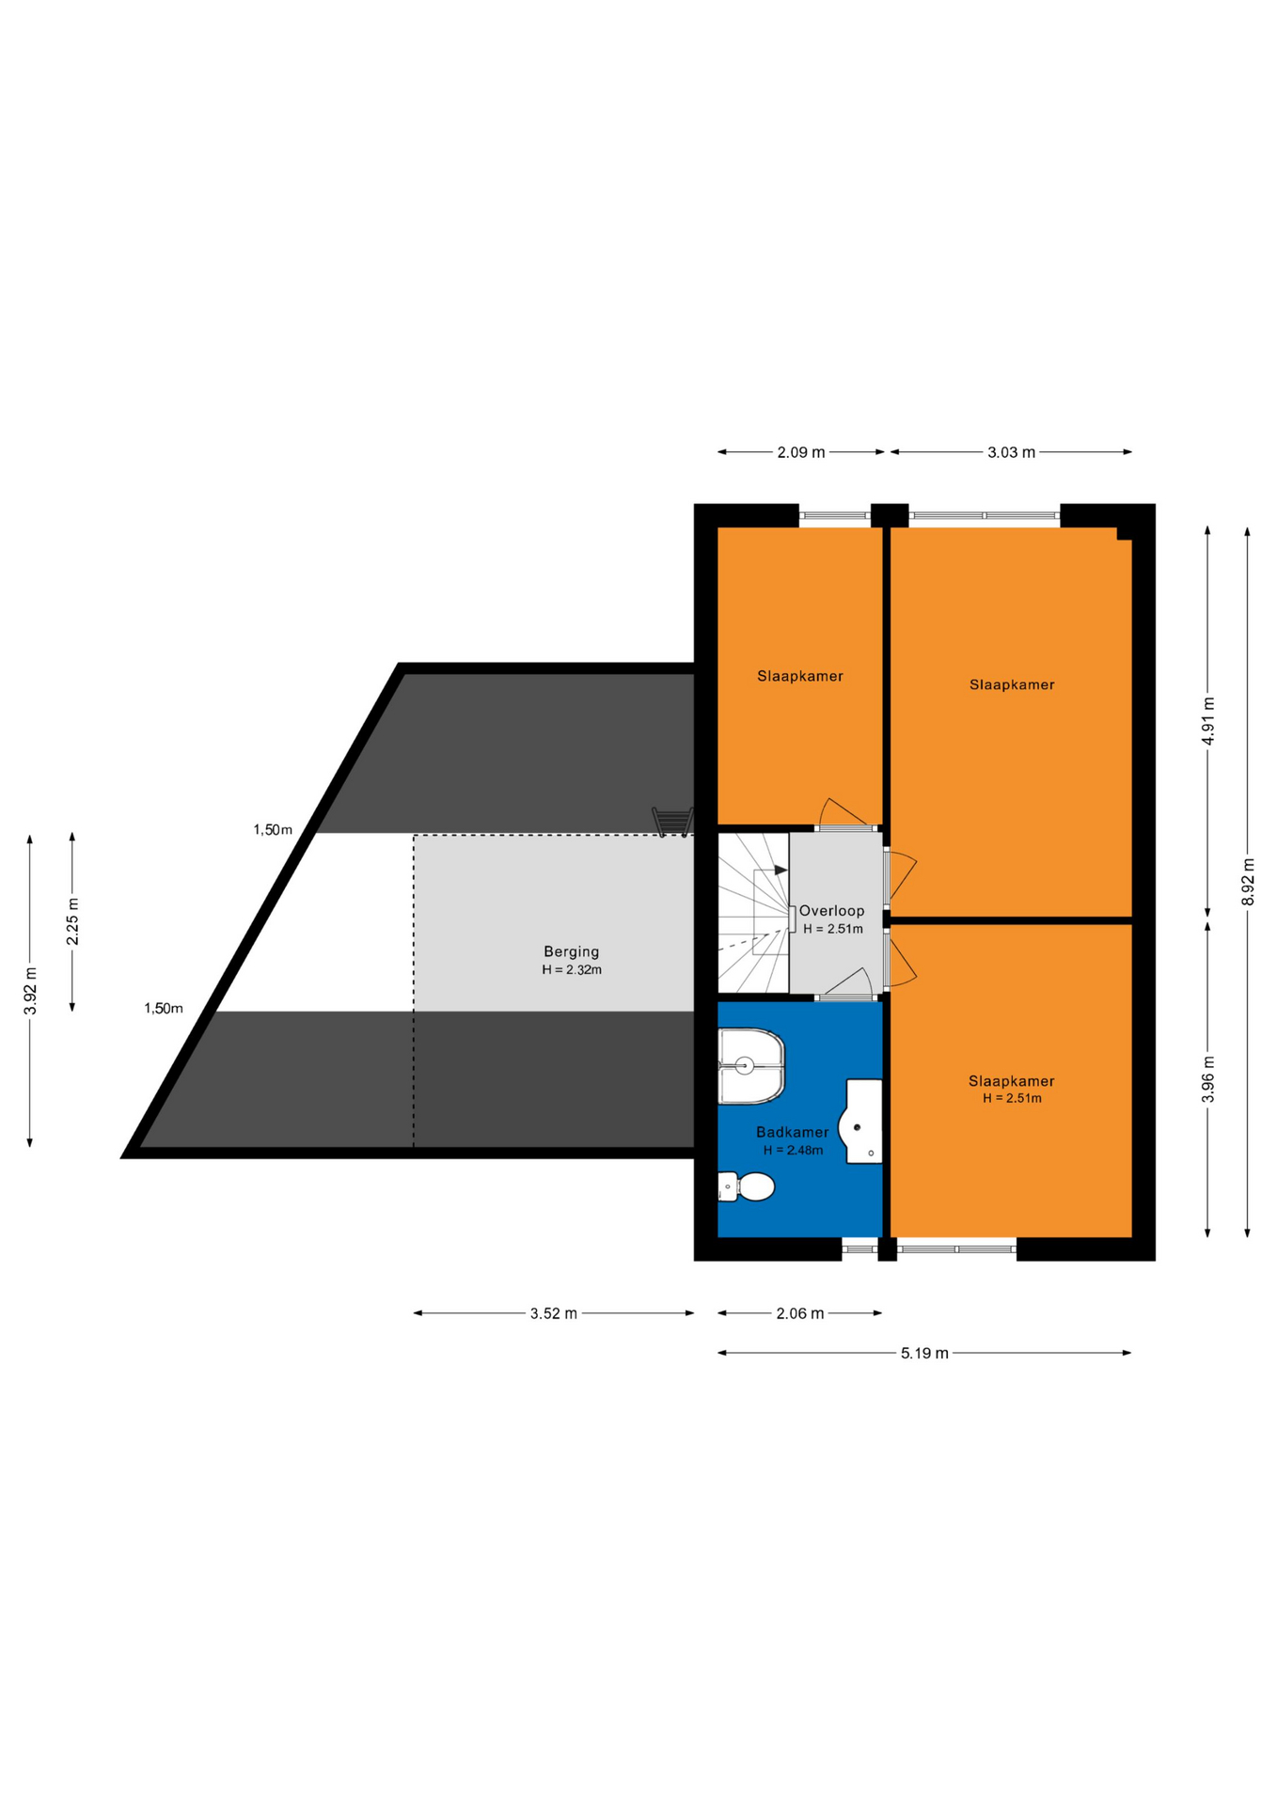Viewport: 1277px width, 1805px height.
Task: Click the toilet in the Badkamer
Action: (747, 1186)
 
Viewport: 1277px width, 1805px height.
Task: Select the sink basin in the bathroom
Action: (860, 1122)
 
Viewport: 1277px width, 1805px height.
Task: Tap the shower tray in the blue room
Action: (751, 1066)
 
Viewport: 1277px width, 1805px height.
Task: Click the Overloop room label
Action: (831, 910)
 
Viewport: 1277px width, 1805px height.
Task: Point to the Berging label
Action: (571, 951)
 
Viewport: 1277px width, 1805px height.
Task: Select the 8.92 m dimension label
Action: (1248, 882)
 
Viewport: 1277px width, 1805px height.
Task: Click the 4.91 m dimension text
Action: (1208, 721)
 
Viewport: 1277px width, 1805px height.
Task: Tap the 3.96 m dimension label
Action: (1208, 1079)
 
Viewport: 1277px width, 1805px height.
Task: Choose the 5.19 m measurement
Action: (924, 1353)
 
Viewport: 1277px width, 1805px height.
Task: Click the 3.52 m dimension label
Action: (553, 1313)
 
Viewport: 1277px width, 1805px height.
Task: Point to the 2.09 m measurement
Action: (801, 452)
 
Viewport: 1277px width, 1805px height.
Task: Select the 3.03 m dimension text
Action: (1011, 452)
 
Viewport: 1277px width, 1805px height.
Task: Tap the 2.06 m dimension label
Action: (800, 1313)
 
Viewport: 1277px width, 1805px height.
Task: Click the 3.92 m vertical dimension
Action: (30, 991)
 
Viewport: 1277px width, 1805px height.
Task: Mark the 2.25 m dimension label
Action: (72, 921)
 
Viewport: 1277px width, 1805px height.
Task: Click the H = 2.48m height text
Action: (793, 1150)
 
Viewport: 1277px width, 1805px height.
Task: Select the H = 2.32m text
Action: (572, 969)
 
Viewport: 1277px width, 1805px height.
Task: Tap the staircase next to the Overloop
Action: (753, 912)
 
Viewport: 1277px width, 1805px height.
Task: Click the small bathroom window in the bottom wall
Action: (859, 1249)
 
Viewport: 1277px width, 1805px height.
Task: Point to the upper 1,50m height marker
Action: (273, 829)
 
